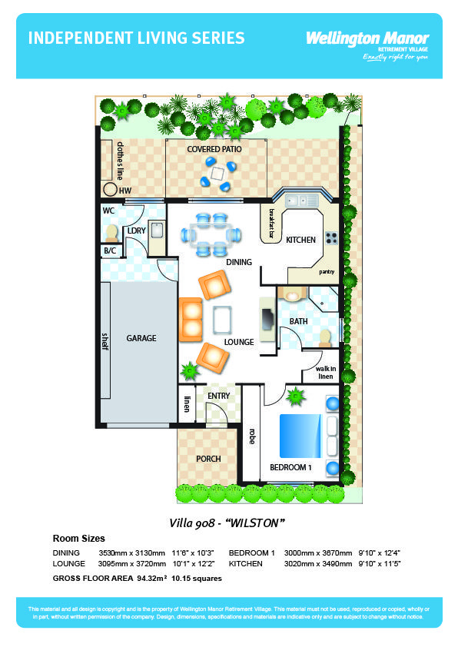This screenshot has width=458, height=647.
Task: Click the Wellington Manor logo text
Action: click(367, 38)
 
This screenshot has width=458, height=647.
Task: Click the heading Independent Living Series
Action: click(137, 38)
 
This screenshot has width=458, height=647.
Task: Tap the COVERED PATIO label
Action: click(214, 149)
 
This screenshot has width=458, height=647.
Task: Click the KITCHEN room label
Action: click(300, 240)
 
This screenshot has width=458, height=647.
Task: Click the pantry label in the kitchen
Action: click(327, 272)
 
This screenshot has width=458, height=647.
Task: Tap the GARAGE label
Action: click(141, 338)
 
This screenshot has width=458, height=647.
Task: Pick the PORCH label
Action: click(208, 459)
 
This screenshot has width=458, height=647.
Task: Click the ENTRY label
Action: click(219, 396)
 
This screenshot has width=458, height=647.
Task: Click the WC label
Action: click(108, 211)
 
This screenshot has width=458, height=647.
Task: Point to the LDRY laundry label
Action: click(136, 230)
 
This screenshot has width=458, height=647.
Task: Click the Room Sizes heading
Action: click(78, 539)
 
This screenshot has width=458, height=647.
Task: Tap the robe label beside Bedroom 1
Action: click(251, 436)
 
